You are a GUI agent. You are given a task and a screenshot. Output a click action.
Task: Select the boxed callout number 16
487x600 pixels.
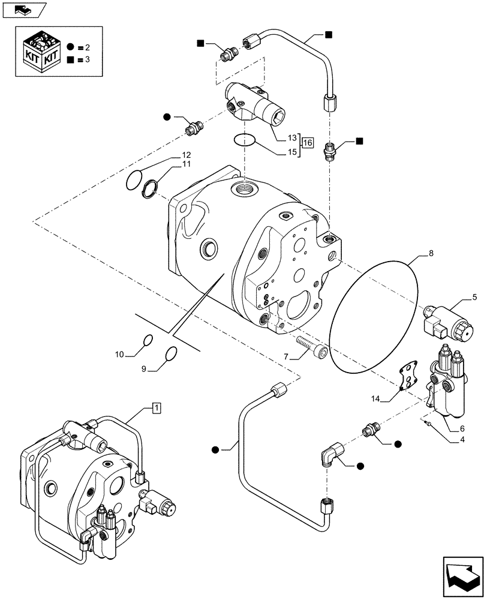(307, 143)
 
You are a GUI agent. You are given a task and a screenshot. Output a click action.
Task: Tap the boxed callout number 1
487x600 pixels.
(156, 409)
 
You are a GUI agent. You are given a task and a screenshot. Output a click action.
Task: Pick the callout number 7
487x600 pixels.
(287, 356)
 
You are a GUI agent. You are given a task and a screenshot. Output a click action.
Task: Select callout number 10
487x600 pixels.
(119, 355)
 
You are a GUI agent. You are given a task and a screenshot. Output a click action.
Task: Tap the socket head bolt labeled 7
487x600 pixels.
(315, 350)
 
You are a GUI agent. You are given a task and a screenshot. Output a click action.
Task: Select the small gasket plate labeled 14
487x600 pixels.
(408, 377)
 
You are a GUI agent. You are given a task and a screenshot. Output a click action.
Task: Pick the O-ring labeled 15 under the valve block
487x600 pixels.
(244, 141)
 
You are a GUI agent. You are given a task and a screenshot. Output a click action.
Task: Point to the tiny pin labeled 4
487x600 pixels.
(427, 424)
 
